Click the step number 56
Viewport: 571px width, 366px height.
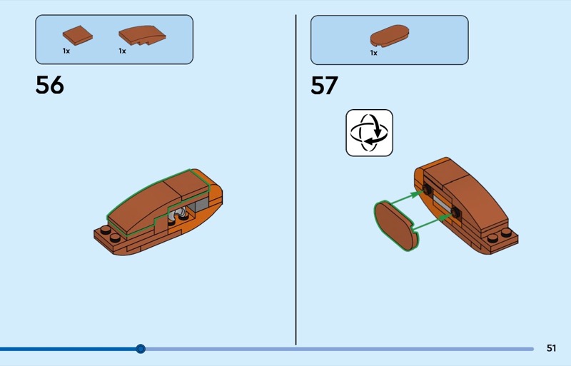point(49,85)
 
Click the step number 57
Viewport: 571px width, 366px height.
point(325,86)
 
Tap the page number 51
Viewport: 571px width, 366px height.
point(551,348)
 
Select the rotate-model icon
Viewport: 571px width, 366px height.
point(369,133)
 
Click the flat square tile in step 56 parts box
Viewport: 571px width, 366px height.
point(78,36)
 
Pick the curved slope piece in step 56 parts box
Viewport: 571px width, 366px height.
point(142,35)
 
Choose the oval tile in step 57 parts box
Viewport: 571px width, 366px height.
point(389,36)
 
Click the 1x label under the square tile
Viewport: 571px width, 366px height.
point(66,51)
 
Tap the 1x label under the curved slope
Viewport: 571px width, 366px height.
point(122,51)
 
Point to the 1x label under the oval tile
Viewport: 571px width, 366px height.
point(373,53)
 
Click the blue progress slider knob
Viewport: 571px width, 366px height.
point(141,349)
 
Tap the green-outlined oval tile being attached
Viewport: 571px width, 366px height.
point(395,225)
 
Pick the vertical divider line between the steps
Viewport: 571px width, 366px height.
point(295,180)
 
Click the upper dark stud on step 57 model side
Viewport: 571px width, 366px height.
point(426,189)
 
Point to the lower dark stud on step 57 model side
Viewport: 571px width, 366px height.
point(455,212)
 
